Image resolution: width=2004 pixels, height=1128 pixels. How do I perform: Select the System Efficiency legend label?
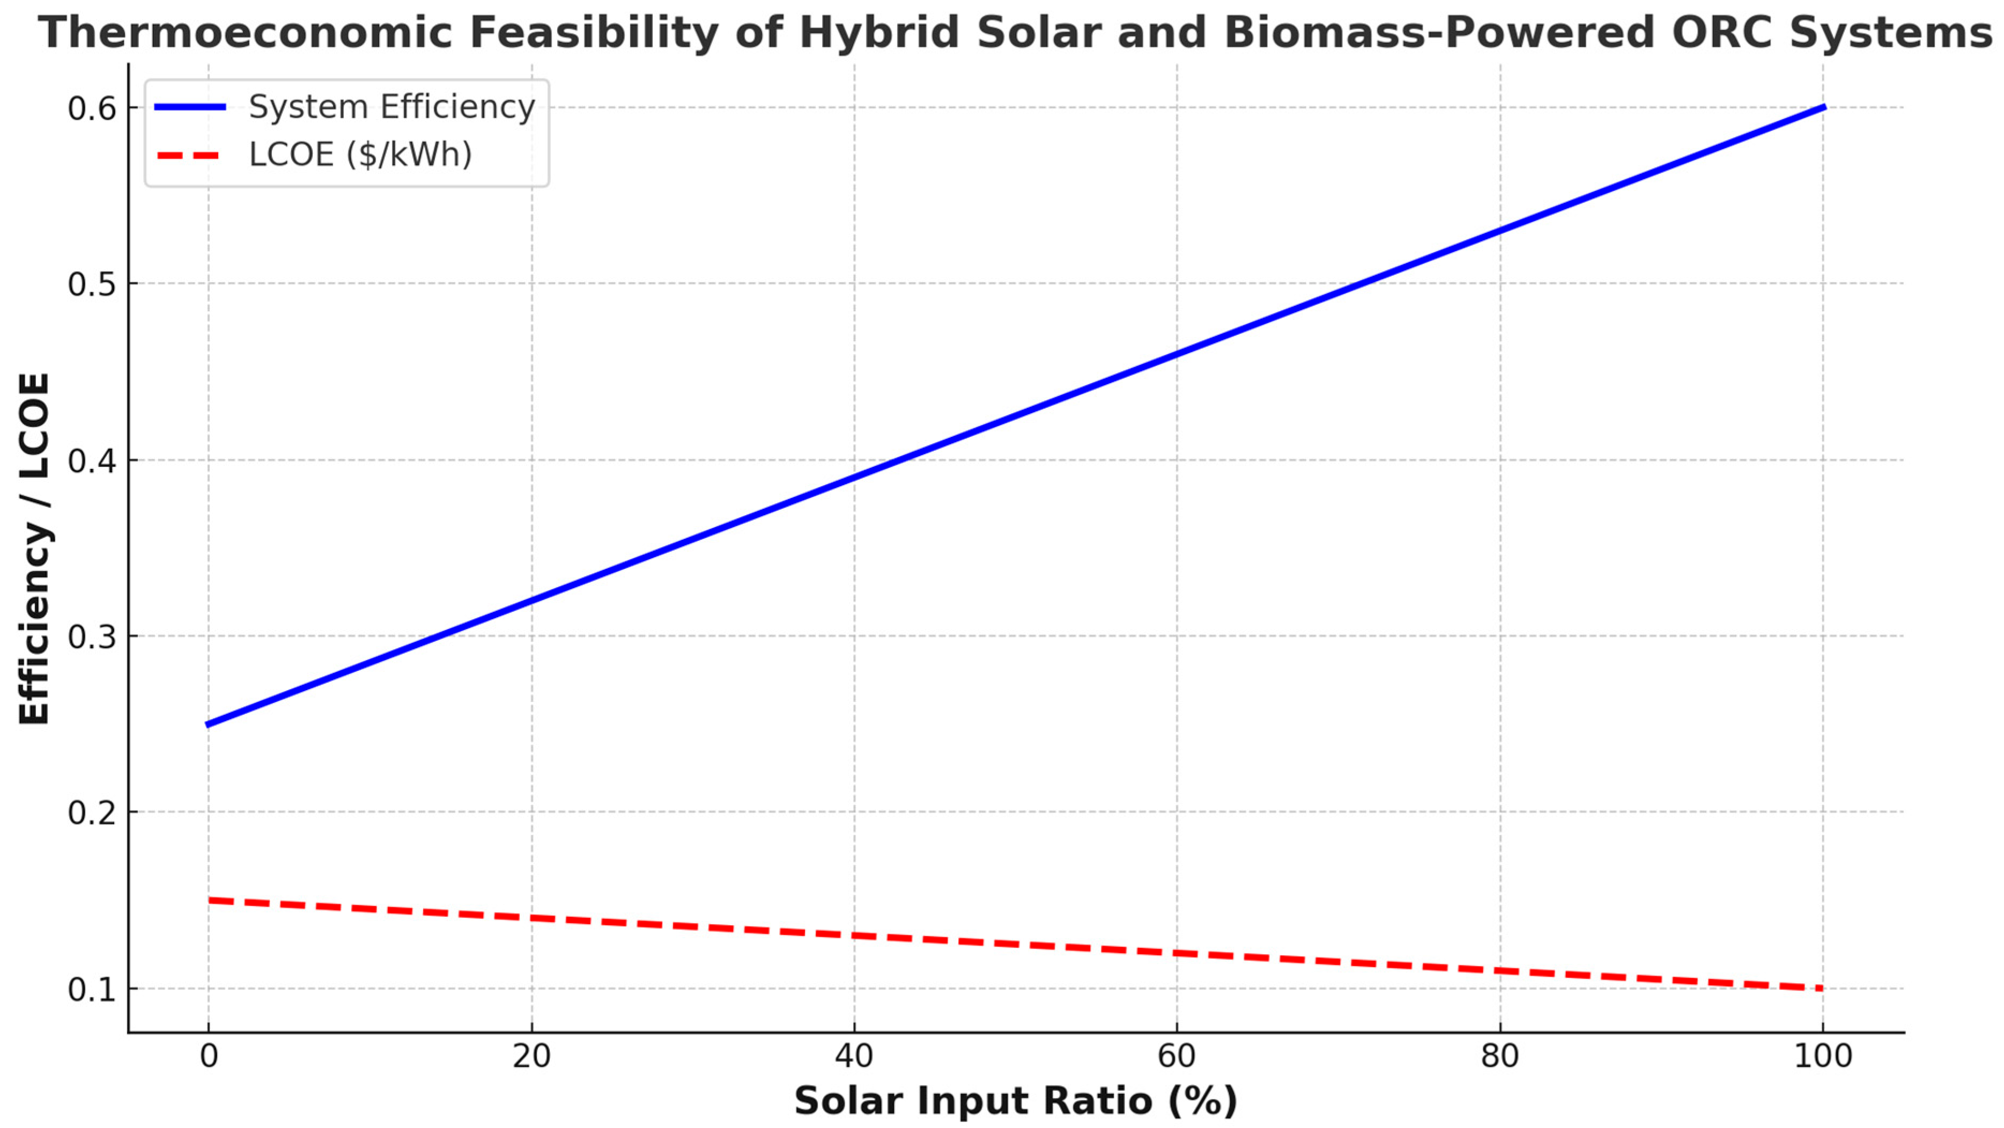click(x=391, y=107)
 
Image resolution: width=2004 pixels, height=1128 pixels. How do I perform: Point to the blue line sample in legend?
click(x=190, y=107)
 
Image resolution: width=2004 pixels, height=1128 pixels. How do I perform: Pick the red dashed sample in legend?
click(x=190, y=156)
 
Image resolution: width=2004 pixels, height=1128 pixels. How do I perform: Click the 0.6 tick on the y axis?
click(x=92, y=108)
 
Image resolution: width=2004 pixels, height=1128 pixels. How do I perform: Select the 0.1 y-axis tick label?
click(x=92, y=990)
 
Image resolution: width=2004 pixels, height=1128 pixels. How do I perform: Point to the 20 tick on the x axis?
click(x=531, y=1057)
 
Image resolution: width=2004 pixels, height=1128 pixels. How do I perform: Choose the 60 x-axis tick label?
click(x=1176, y=1057)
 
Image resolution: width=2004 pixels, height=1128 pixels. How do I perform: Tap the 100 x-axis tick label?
click(x=1822, y=1057)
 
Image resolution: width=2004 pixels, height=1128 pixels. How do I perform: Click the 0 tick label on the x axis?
click(x=209, y=1057)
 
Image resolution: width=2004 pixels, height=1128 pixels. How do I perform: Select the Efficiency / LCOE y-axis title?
click(x=34, y=549)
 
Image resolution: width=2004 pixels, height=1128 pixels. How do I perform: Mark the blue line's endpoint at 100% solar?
click(x=1822, y=107)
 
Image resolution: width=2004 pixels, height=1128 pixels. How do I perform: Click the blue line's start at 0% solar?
click(x=209, y=724)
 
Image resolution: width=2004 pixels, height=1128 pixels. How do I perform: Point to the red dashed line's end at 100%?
click(x=1821, y=988)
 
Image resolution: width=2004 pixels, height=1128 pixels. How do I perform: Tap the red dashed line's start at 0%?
click(x=210, y=900)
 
